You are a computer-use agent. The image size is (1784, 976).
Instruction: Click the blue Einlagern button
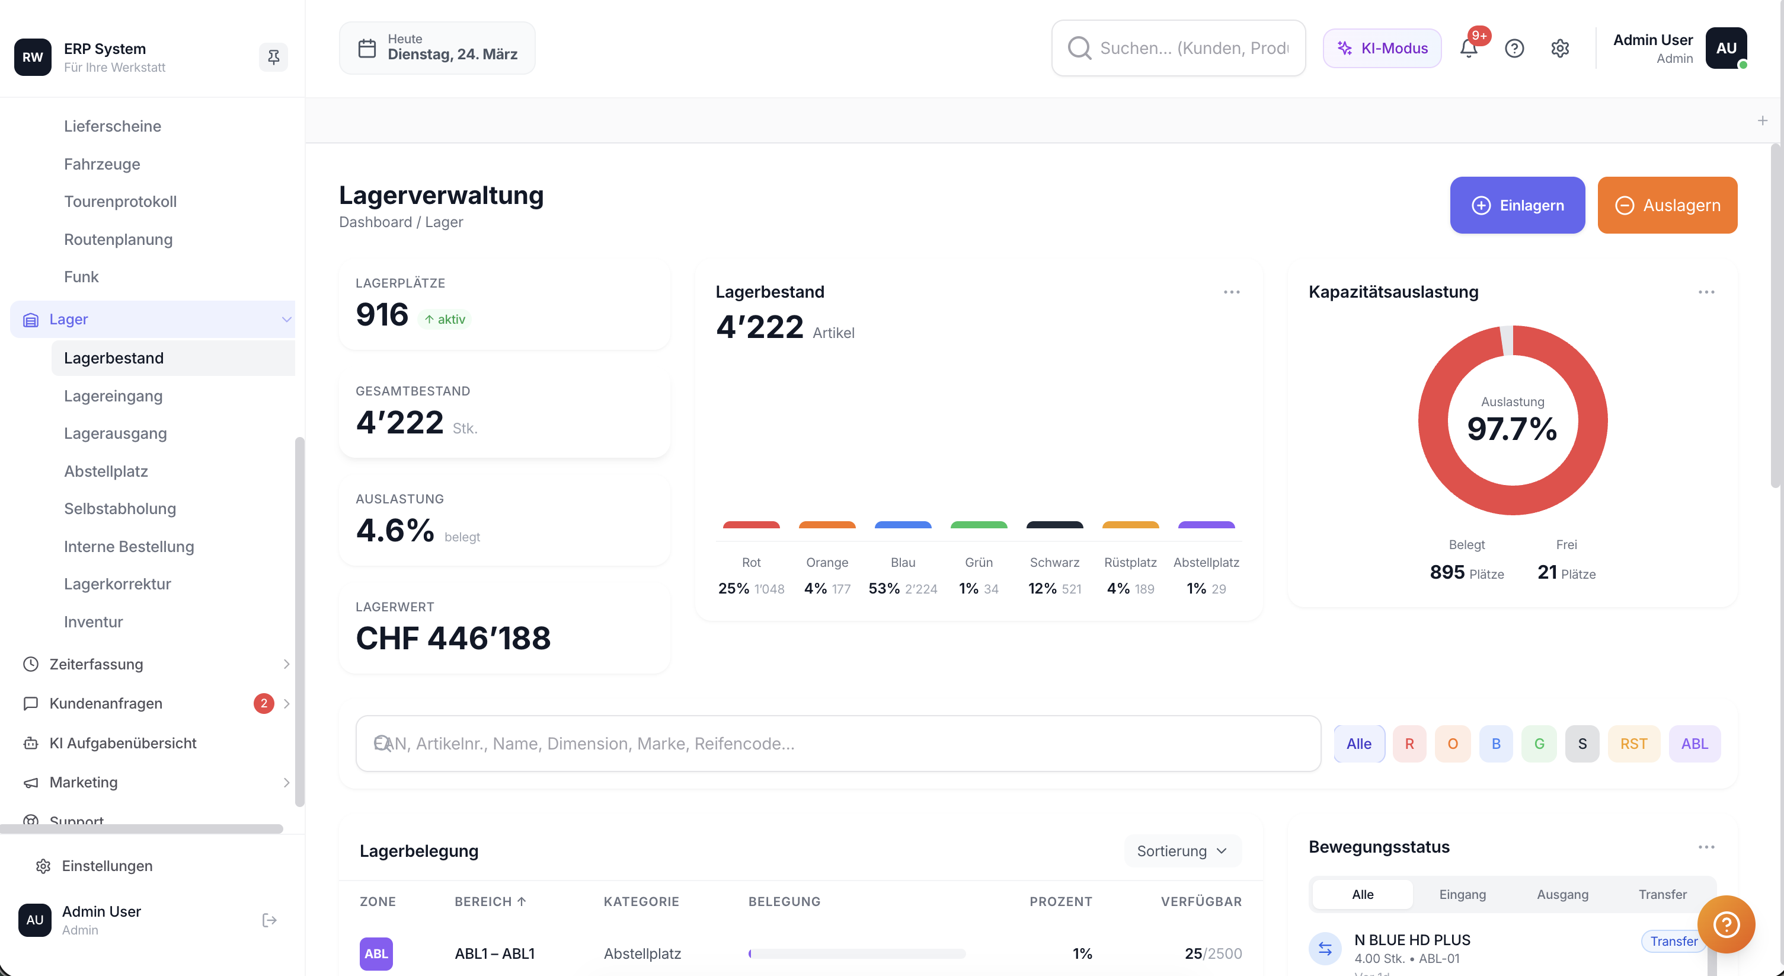click(1517, 205)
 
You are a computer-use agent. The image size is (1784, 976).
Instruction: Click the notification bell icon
click(1468, 49)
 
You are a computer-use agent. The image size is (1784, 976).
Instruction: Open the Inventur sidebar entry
click(93, 621)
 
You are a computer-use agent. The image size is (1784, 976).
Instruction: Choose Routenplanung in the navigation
click(118, 239)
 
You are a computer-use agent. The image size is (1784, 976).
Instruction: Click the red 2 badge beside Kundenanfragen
click(263, 703)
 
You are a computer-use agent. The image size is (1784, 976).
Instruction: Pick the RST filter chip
click(1633, 743)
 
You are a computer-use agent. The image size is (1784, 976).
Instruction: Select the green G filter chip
click(1539, 743)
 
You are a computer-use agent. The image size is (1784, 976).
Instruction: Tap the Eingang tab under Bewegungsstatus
click(1462, 894)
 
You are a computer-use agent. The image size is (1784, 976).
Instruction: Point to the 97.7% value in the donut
click(1512, 429)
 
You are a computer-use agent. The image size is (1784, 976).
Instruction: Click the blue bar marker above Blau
click(903, 525)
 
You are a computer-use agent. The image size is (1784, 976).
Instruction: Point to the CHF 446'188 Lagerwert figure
click(453, 638)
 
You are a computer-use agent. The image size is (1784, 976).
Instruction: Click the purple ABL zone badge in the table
click(376, 953)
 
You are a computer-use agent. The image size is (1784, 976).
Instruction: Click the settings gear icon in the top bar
click(1559, 49)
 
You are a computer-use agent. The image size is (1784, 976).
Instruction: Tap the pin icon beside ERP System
click(274, 57)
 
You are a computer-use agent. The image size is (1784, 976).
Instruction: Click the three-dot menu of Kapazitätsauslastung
click(1706, 292)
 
